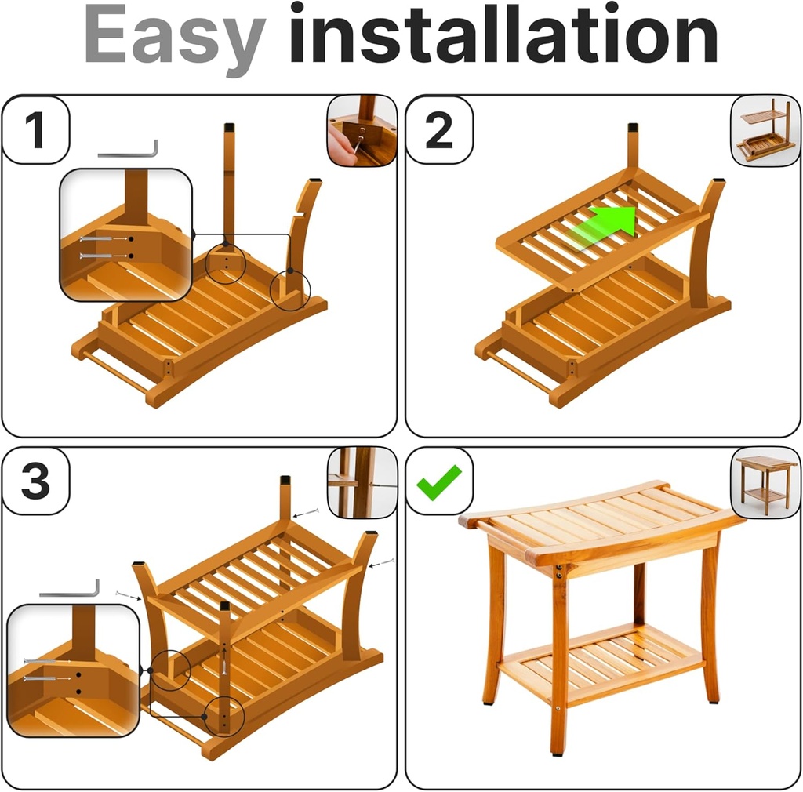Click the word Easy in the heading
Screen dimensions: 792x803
pyautogui.click(x=175, y=35)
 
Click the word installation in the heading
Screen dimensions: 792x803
pyautogui.click(x=503, y=35)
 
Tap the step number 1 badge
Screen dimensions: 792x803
pyautogui.click(x=36, y=130)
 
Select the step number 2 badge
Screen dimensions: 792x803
pyautogui.click(x=438, y=130)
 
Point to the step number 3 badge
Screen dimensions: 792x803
pyautogui.click(x=36, y=481)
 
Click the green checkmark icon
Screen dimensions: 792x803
pyautogui.click(x=439, y=481)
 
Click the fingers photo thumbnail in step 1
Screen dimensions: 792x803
pyautogui.click(x=362, y=130)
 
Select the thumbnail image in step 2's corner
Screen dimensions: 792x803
pyautogui.click(x=765, y=130)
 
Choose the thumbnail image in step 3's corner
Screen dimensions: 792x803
pyautogui.click(x=362, y=482)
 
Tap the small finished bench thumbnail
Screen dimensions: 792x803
pyautogui.click(x=765, y=482)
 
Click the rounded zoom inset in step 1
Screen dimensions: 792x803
pyautogui.click(x=126, y=235)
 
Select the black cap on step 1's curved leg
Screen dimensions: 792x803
pyautogui.click(x=315, y=180)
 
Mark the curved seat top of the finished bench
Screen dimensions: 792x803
pyautogui.click(x=600, y=514)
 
